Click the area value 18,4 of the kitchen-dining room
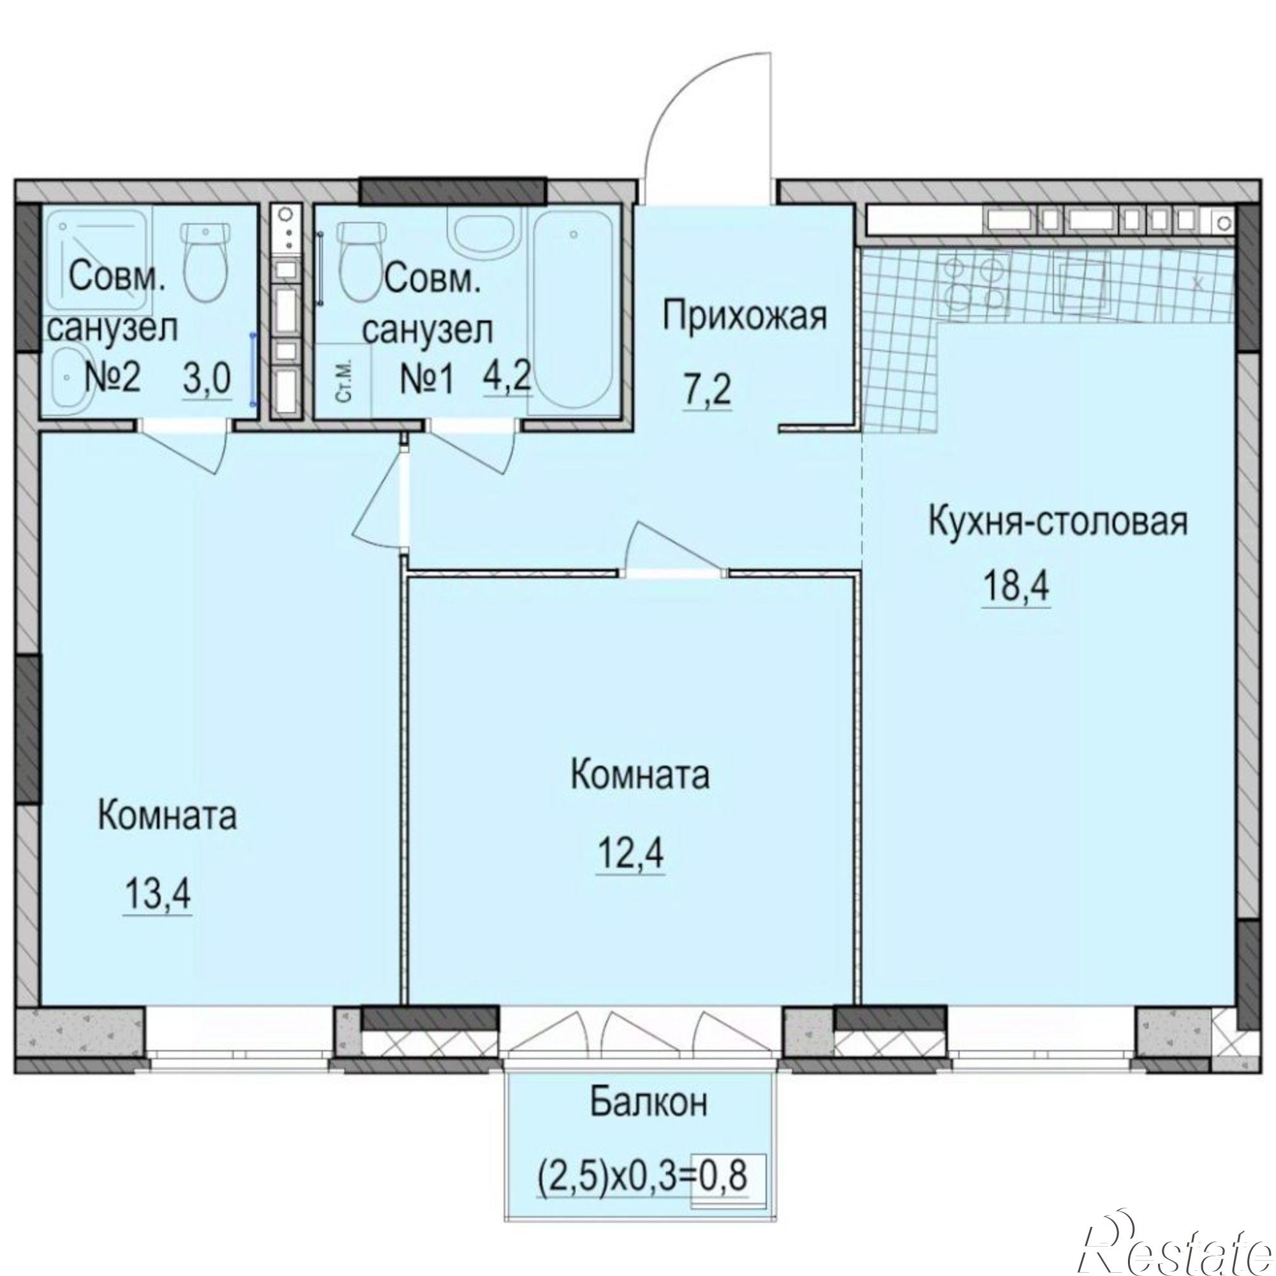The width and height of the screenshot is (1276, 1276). [x=1016, y=585]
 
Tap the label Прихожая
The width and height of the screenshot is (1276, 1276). [x=745, y=316]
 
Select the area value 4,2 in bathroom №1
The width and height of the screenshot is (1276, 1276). [x=507, y=377]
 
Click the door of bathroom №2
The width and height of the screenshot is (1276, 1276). [x=198, y=449]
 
